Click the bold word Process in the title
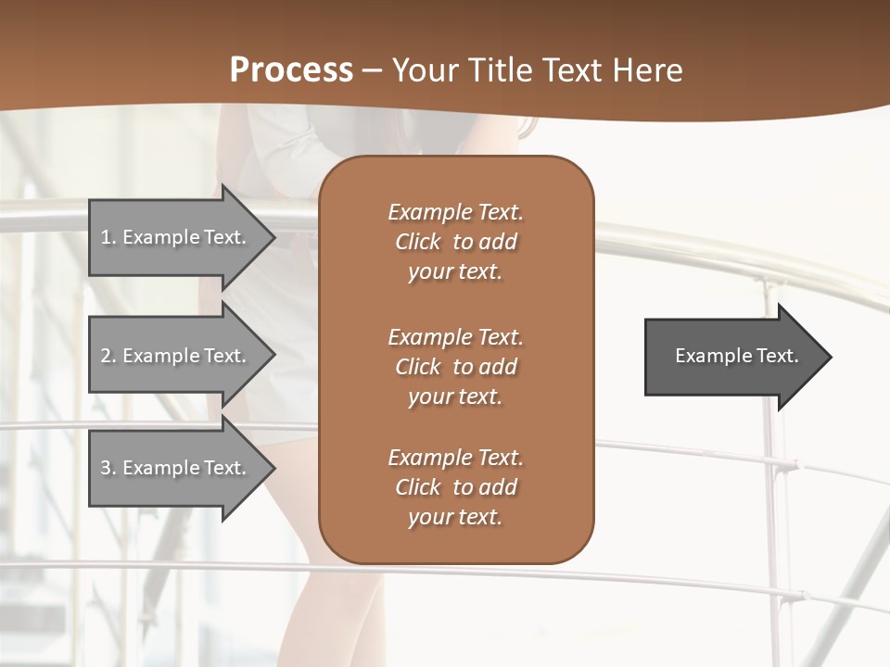pos(291,70)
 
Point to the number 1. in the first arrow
pos(108,237)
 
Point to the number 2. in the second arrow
pos(108,356)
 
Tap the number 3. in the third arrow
pos(108,468)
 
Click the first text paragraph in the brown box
pos(455,242)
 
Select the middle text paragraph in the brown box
pos(455,367)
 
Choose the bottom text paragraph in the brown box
pos(455,487)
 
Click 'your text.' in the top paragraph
pos(455,272)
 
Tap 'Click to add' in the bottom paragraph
pos(455,487)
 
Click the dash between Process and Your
pos(373,70)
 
